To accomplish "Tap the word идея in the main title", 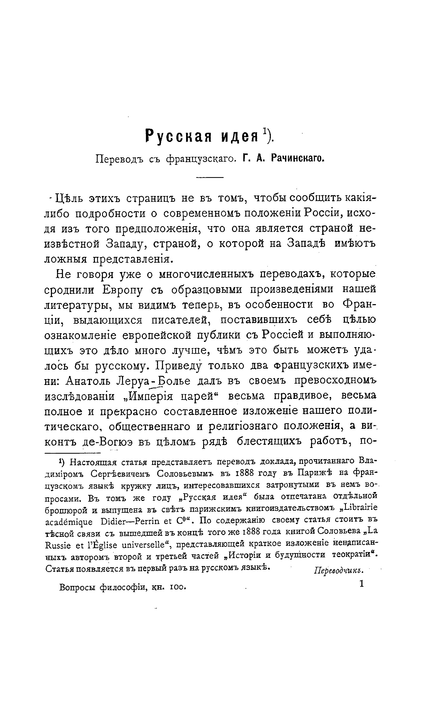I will point(239,136).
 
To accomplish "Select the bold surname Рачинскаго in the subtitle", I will point(297,158).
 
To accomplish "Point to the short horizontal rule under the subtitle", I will point(210,177).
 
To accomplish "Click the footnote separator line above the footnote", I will point(73,453).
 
